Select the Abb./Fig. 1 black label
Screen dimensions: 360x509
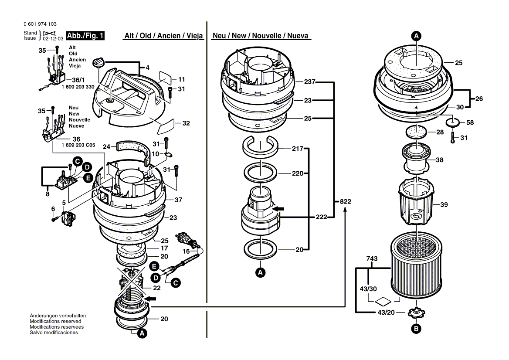(x=85, y=36)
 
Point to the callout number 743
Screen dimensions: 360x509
(x=372, y=259)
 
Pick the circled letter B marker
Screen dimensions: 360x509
(x=417, y=329)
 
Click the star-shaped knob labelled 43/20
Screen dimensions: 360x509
(x=417, y=312)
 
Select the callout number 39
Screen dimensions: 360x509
(x=444, y=204)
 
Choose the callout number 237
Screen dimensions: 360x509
(x=310, y=82)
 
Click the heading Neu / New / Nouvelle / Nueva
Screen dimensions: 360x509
(x=261, y=36)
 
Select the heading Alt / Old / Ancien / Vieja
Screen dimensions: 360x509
(x=164, y=36)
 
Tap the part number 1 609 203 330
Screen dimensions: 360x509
(x=78, y=87)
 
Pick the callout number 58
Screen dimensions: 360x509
(x=470, y=123)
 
